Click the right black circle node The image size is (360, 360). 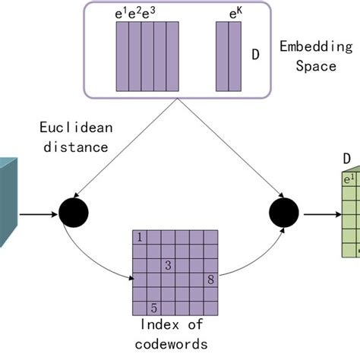click(x=284, y=214)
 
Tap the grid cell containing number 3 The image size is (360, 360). click(x=168, y=265)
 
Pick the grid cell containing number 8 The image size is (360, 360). click(x=210, y=279)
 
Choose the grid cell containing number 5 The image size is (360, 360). click(x=154, y=308)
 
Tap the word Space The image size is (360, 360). click(x=315, y=65)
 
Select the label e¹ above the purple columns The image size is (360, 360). click(x=121, y=13)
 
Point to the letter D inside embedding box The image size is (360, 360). click(x=257, y=54)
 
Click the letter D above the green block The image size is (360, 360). click(x=346, y=159)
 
